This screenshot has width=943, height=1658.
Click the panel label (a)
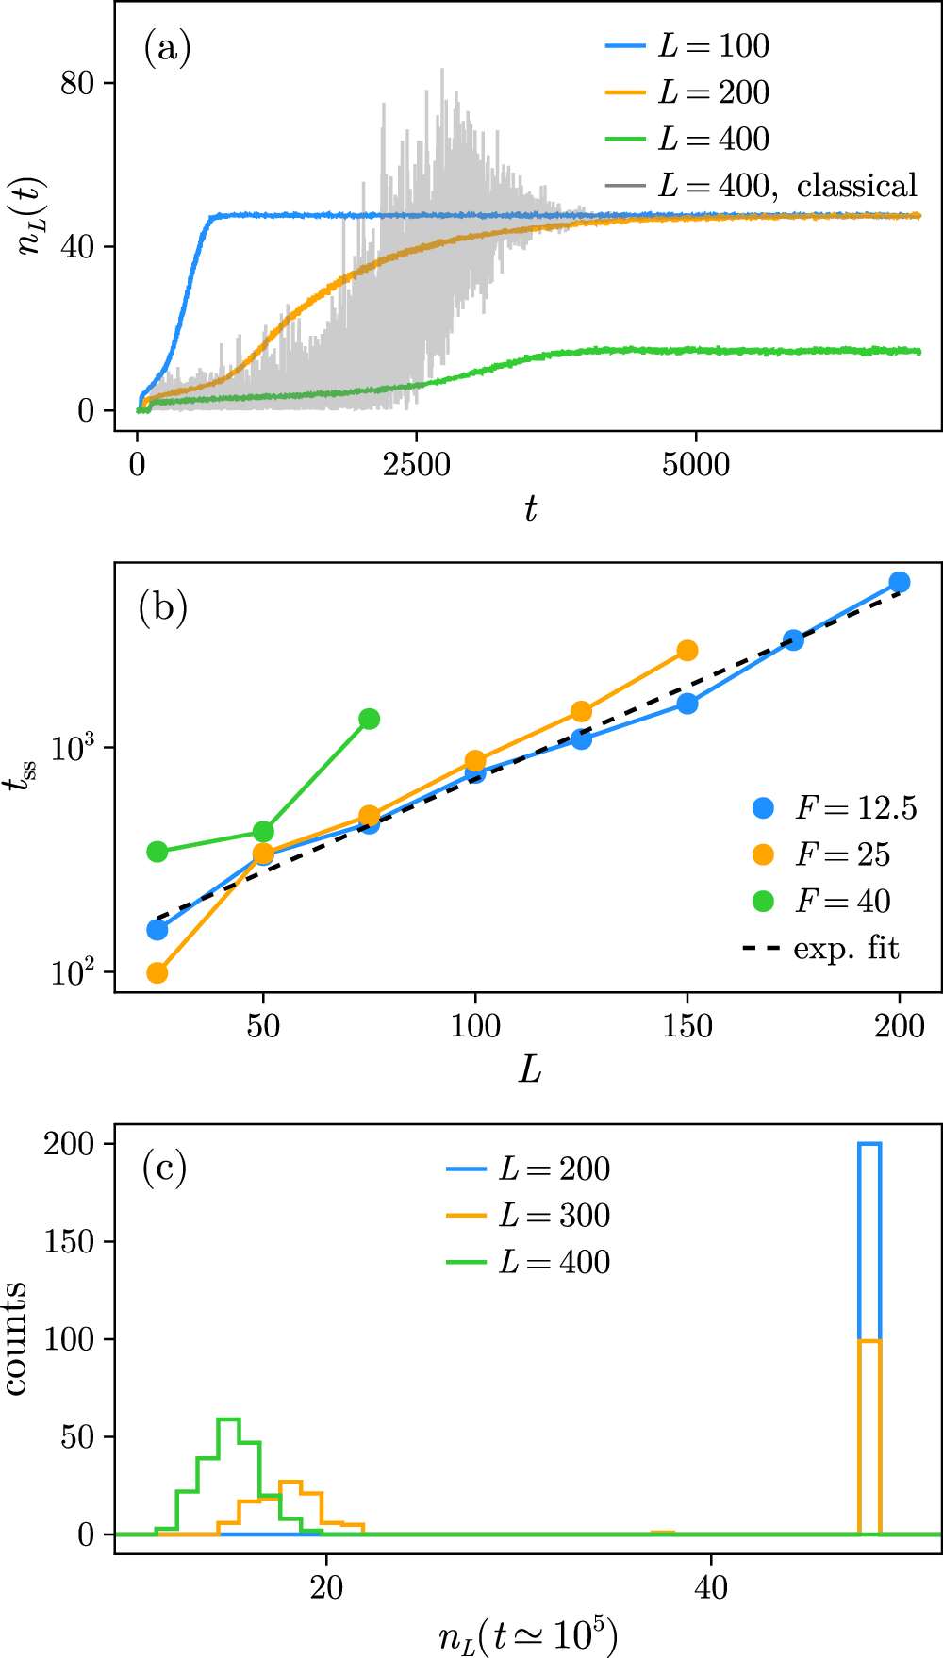tap(167, 47)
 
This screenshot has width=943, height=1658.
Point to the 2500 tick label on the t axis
tap(416, 465)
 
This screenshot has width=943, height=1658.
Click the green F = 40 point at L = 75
tap(370, 720)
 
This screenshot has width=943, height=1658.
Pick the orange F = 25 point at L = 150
tap(687, 651)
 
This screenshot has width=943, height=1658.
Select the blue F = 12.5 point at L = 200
tap(900, 582)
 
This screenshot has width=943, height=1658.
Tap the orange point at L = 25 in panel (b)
tap(157, 972)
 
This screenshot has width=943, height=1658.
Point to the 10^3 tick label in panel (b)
tap(74, 749)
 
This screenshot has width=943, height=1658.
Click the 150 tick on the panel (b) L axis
tap(687, 1025)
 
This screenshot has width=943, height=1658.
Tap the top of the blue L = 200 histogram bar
tap(869, 1144)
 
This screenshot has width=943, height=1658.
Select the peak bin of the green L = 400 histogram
tap(229, 1419)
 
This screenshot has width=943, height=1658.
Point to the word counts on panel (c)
tap(16, 1338)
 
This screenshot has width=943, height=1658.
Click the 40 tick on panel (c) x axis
tap(710, 1586)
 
